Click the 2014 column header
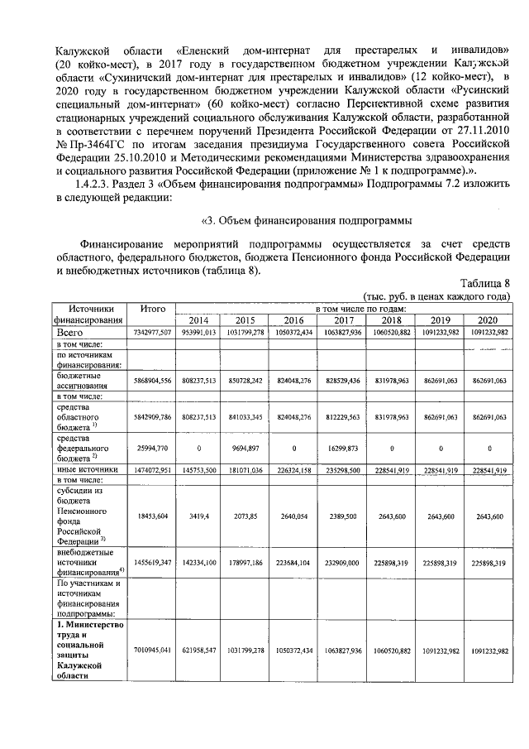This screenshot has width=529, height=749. click(x=198, y=320)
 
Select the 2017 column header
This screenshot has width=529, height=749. click(x=343, y=320)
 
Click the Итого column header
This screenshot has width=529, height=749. click(x=153, y=308)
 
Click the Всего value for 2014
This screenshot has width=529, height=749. click(x=198, y=331)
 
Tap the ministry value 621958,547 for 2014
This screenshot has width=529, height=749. click(x=198, y=651)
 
